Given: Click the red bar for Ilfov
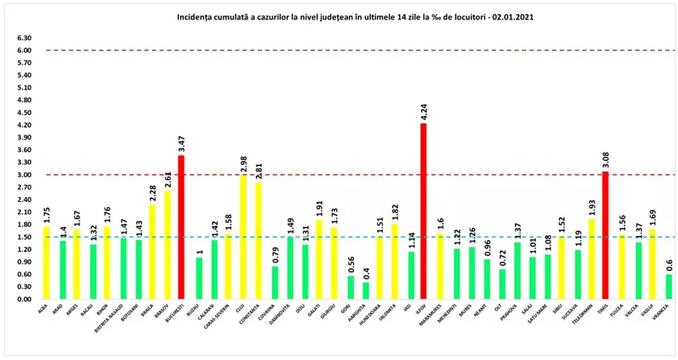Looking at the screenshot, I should tap(423, 211).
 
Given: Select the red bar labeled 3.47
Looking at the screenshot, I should tap(182, 227).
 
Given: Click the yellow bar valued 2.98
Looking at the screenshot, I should tap(242, 238).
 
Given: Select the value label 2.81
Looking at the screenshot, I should tap(258, 171).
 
